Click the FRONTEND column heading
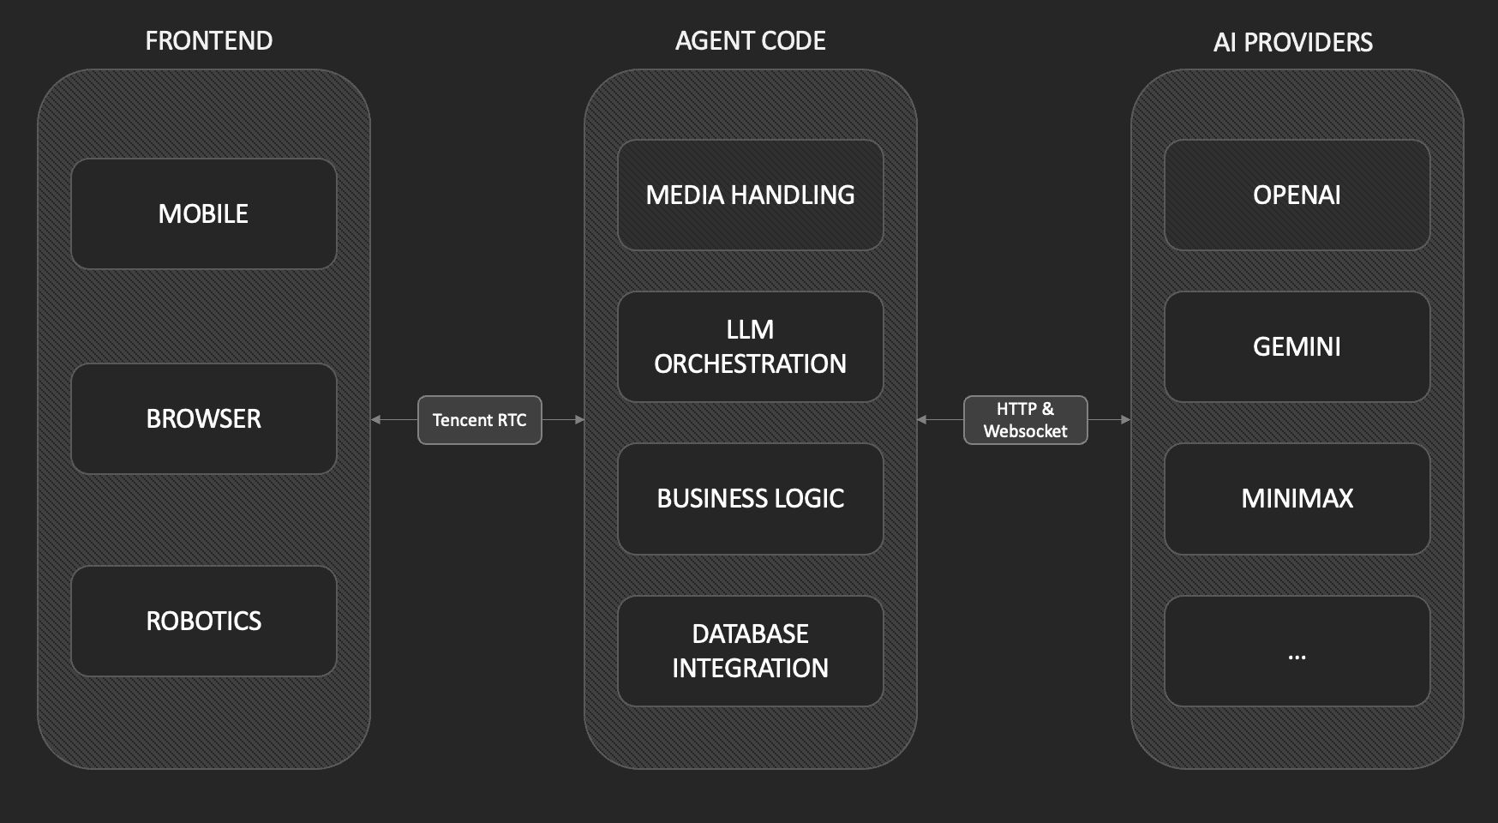[x=208, y=40]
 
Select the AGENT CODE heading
[x=750, y=40]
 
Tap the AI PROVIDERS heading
[x=1292, y=42]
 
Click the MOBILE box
[x=203, y=213]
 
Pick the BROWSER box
[x=203, y=418]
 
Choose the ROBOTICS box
[x=203, y=621]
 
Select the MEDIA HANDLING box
[x=750, y=195]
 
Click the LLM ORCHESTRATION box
[x=750, y=346]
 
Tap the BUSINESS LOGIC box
[x=750, y=498]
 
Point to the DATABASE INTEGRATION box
[x=750, y=651]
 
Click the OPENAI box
[x=1297, y=195]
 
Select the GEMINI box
[x=1297, y=346]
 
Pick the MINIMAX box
[x=1297, y=498]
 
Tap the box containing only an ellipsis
[x=1297, y=651]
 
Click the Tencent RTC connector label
[x=479, y=420]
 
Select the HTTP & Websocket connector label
[x=1025, y=420]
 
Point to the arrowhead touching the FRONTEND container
[x=376, y=420]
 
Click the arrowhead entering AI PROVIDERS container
[x=1125, y=420]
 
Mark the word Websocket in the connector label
[x=1025, y=431]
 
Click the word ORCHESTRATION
[x=750, y=364]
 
